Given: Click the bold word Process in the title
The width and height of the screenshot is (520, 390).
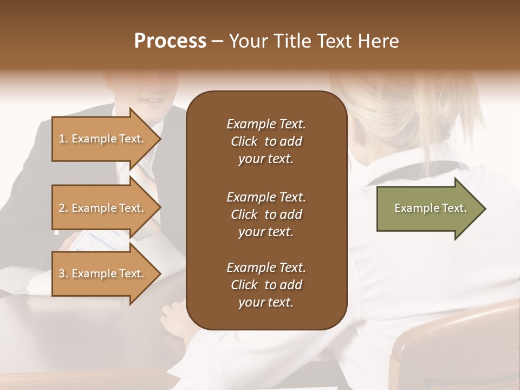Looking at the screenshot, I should coord(170,41).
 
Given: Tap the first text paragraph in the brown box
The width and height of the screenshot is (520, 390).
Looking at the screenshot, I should coord(266,141).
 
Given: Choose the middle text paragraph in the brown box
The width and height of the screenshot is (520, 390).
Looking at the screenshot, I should coord(266,214).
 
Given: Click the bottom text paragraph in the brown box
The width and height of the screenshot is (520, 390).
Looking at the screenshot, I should coord(266,285).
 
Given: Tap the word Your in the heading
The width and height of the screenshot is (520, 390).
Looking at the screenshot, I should coord(249,41).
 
